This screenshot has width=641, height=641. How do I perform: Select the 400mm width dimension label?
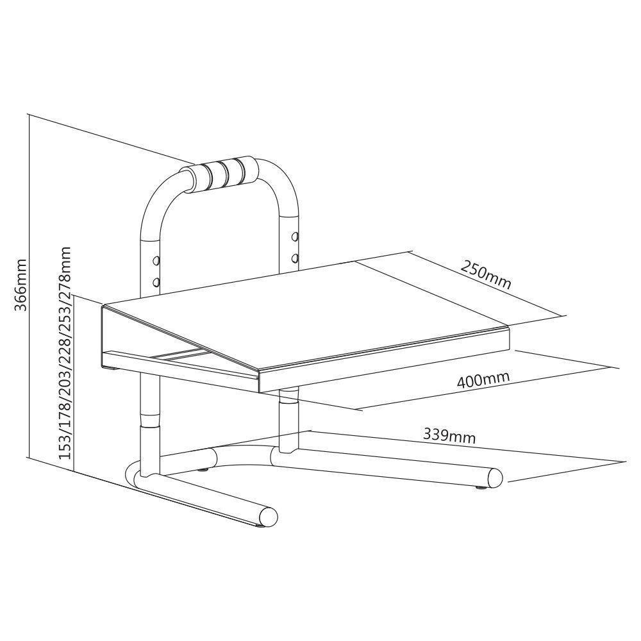click(483, 379)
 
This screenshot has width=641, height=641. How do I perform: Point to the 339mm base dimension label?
click(449, 436)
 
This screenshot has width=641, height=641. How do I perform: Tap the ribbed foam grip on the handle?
click(225, 173)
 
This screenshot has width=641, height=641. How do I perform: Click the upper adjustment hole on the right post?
click(294, 237)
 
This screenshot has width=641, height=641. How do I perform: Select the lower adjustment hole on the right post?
click(294, 258)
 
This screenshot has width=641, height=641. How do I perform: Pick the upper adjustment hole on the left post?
click(155, 260)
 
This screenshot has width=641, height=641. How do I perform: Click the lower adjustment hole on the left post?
click(155, 282)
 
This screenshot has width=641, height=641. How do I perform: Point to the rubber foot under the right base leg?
click(481, 488)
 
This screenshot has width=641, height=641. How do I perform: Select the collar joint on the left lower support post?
click(149, 420)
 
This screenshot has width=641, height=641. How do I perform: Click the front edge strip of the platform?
click(385, 360)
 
